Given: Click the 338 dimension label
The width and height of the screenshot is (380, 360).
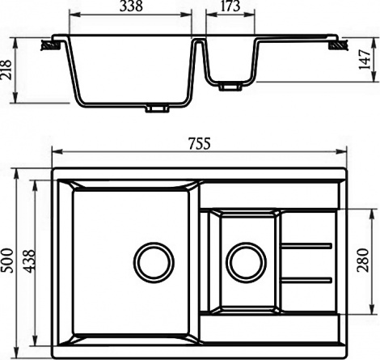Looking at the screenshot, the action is point(131,6).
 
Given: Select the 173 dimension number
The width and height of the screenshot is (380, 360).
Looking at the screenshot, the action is point(230,6).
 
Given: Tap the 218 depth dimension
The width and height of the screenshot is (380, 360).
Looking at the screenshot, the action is point(6,70).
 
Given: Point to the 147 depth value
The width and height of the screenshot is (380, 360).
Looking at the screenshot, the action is point(365,59).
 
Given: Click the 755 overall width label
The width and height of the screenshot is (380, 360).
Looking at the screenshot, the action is point(200,143).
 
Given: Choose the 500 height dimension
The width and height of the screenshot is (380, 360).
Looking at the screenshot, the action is point(7,260).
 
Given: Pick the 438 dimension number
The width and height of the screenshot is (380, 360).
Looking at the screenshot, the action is point(29,261).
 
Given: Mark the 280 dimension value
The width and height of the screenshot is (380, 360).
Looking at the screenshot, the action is point(363,260).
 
